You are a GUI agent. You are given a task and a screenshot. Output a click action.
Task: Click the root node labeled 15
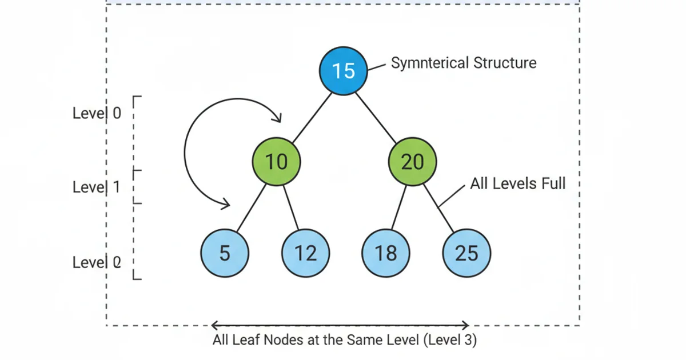pos(343,71)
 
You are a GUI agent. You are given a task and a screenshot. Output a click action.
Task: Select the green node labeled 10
pos(277,162)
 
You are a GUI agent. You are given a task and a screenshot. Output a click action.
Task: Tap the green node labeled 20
pos(412,162)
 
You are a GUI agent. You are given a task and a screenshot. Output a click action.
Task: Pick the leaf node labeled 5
pos(225,253)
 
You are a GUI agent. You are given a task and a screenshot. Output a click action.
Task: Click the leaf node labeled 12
pos(305,253)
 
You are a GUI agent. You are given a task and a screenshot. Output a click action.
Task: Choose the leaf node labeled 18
pos(386,253)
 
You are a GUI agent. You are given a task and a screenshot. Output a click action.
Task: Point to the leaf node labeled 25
pos(466,253)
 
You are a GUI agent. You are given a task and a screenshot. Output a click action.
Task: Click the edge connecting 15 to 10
pos(311,117)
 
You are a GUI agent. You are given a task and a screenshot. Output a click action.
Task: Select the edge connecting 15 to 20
pos(376,117)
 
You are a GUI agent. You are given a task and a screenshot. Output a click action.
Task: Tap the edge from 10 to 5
pos(252,207)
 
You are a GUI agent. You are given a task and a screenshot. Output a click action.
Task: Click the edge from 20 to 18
pos(399,207)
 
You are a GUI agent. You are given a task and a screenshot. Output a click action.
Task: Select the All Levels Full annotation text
pos(517,184)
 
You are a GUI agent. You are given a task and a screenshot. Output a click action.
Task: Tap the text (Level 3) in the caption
pos(450,340)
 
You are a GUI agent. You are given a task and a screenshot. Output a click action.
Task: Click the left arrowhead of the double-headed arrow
pos(214,326)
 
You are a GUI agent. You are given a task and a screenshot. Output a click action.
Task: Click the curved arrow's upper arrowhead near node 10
pos(277,119)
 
